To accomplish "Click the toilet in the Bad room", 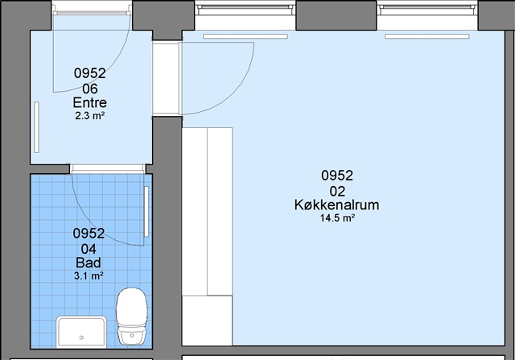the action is tap(132, 317).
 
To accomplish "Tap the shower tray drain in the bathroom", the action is tap(81, 337).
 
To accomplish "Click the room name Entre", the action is tap(89, 102).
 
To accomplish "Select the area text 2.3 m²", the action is tap(89, 116).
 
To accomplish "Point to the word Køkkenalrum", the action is tap(336, 205).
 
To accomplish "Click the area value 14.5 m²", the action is tap(337, 218).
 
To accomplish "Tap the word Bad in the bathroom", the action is tap(89, 263).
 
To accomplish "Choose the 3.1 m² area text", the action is tap(89, 275).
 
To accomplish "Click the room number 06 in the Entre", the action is tap(89, 89).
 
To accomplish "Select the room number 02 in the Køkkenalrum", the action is tap(337, 191).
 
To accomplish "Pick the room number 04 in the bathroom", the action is tap(89, 249).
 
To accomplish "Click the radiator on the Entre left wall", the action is tap(36, 127).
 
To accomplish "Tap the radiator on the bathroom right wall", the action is tap(146, 211).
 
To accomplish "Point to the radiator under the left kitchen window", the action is tap(245, 36).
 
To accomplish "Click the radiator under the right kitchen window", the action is tap(427, 36).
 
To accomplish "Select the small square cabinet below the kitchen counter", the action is tap(208, 321).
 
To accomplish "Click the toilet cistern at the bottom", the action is tap(132, 336).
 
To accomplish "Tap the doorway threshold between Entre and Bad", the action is tap(107, 168).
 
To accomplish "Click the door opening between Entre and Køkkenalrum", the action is tap(167, 78).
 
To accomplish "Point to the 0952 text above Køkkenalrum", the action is tap(337, 176).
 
